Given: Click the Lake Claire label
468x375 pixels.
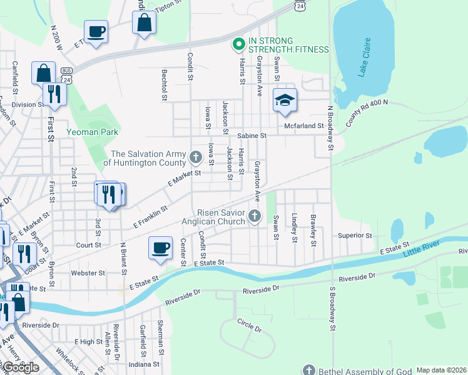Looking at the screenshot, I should tap(365, 57).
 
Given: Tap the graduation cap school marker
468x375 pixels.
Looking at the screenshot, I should tap(284, 101).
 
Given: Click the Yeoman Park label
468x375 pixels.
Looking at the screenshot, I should tap(93, 132).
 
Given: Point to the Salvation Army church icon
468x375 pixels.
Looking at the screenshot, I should tap(195, 156).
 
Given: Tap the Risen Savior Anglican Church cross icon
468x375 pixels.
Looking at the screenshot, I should tap(254, 216).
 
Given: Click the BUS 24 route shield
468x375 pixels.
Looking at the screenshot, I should tap(66, 76).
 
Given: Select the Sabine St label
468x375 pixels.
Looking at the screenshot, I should tap(252, 135).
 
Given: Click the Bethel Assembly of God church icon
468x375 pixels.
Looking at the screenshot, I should tap(308, 370).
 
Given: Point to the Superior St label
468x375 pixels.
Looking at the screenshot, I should tap(355, 236).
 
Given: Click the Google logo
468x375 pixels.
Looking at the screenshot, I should tap(21, 367).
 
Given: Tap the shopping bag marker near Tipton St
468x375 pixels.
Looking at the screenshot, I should tap(144, 22).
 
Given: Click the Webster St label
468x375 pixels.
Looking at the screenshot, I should tap(88, 273).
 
